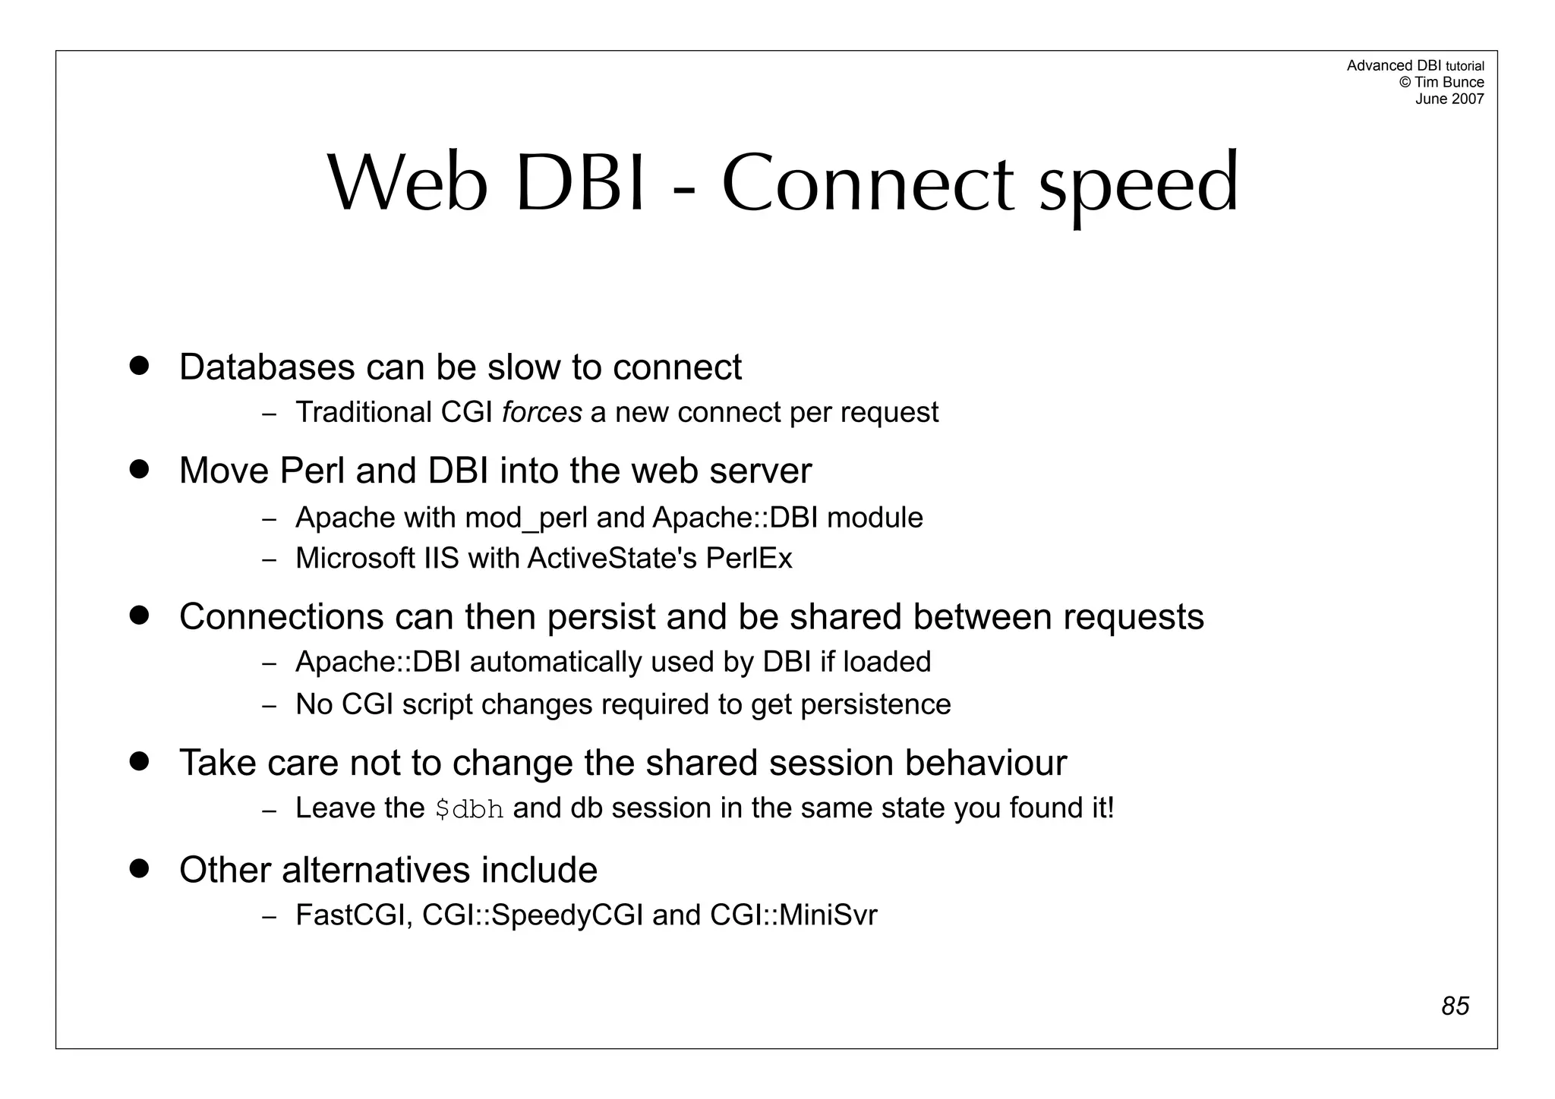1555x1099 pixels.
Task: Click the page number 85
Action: [x=1455, y=1006]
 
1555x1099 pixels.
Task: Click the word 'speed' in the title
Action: [x=1138, y=186]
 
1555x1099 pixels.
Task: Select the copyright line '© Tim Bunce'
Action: [x=1441, y=82]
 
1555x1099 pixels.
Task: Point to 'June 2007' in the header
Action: [x=1449, y=99]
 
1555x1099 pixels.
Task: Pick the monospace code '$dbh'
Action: [x=469, y=809]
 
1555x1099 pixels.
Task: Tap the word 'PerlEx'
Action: [x=749, y=559]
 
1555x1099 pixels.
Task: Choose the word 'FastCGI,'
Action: [x=355, y=915]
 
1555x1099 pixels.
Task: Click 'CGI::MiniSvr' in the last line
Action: [x=793, y=915]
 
